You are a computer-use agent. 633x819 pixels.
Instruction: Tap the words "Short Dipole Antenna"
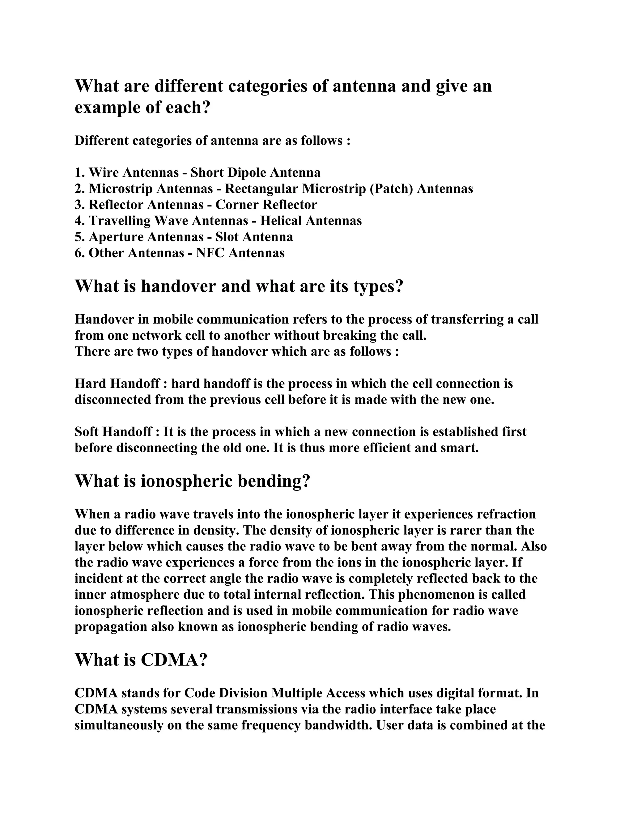pos(255,172)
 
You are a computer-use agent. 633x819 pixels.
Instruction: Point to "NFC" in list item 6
pos(210,253)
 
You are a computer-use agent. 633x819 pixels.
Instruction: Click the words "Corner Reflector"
pos(266,204)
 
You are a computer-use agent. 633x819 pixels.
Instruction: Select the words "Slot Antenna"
pos(254,237)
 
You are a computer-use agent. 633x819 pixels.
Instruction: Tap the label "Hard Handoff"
pos(117,384)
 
